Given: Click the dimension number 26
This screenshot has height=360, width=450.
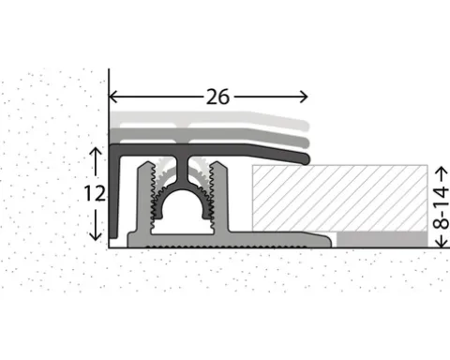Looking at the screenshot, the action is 217,97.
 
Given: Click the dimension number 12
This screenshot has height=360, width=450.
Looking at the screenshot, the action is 95,194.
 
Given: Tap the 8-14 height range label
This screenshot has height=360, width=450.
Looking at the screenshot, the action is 441,207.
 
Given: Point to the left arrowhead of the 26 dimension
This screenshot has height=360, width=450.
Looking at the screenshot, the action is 112,97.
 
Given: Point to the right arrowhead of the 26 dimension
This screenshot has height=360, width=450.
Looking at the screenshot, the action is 304,97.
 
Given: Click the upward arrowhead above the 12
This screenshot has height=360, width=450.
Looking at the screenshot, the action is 96,152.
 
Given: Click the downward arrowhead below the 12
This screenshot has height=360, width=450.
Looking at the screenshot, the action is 96,236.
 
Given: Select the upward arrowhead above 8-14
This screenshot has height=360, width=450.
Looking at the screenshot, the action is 442,171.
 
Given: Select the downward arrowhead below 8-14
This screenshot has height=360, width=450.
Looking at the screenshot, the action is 442,243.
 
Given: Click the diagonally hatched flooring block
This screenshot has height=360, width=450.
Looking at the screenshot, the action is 340,198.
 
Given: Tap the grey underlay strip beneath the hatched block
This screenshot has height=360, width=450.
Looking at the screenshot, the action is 382,239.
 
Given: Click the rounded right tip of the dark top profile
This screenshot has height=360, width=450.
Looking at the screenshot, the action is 307,158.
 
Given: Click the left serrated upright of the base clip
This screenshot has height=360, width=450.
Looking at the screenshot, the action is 145,197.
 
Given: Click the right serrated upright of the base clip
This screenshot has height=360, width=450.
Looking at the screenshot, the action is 219,197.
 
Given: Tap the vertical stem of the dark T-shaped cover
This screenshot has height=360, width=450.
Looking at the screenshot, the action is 182,171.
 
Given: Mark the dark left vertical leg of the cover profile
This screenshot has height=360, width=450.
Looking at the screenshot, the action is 114,194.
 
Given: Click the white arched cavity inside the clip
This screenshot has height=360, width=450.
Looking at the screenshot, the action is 182,209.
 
